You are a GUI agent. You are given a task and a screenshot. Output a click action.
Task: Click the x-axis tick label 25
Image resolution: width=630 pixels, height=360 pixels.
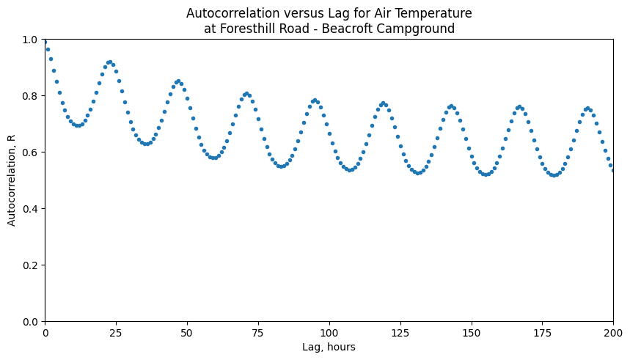point(116,334)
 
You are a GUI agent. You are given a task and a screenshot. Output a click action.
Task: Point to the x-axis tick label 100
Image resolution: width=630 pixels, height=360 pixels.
point(329,334)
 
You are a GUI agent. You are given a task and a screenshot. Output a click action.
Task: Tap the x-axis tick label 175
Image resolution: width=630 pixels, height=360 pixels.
point(542,334)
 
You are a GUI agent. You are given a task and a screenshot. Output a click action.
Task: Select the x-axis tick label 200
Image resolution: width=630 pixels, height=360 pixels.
point(613,334)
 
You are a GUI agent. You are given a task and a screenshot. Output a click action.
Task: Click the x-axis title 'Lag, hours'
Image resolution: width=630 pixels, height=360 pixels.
point(329,347)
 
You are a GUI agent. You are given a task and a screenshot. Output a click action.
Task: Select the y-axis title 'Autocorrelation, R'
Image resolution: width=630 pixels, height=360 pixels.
point(12,180)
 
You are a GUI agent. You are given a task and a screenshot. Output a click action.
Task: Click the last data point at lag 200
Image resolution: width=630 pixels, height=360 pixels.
point(613,170)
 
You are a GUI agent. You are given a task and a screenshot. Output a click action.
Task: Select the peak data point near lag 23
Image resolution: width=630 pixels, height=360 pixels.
point(110,62)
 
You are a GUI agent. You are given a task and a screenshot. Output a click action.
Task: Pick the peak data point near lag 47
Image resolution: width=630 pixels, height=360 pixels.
point(178,81)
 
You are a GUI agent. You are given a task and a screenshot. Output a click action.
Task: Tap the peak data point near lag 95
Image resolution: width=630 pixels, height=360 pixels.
point(315,100)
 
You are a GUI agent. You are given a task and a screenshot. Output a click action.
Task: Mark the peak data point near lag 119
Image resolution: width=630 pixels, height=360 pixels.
point(383,103)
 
